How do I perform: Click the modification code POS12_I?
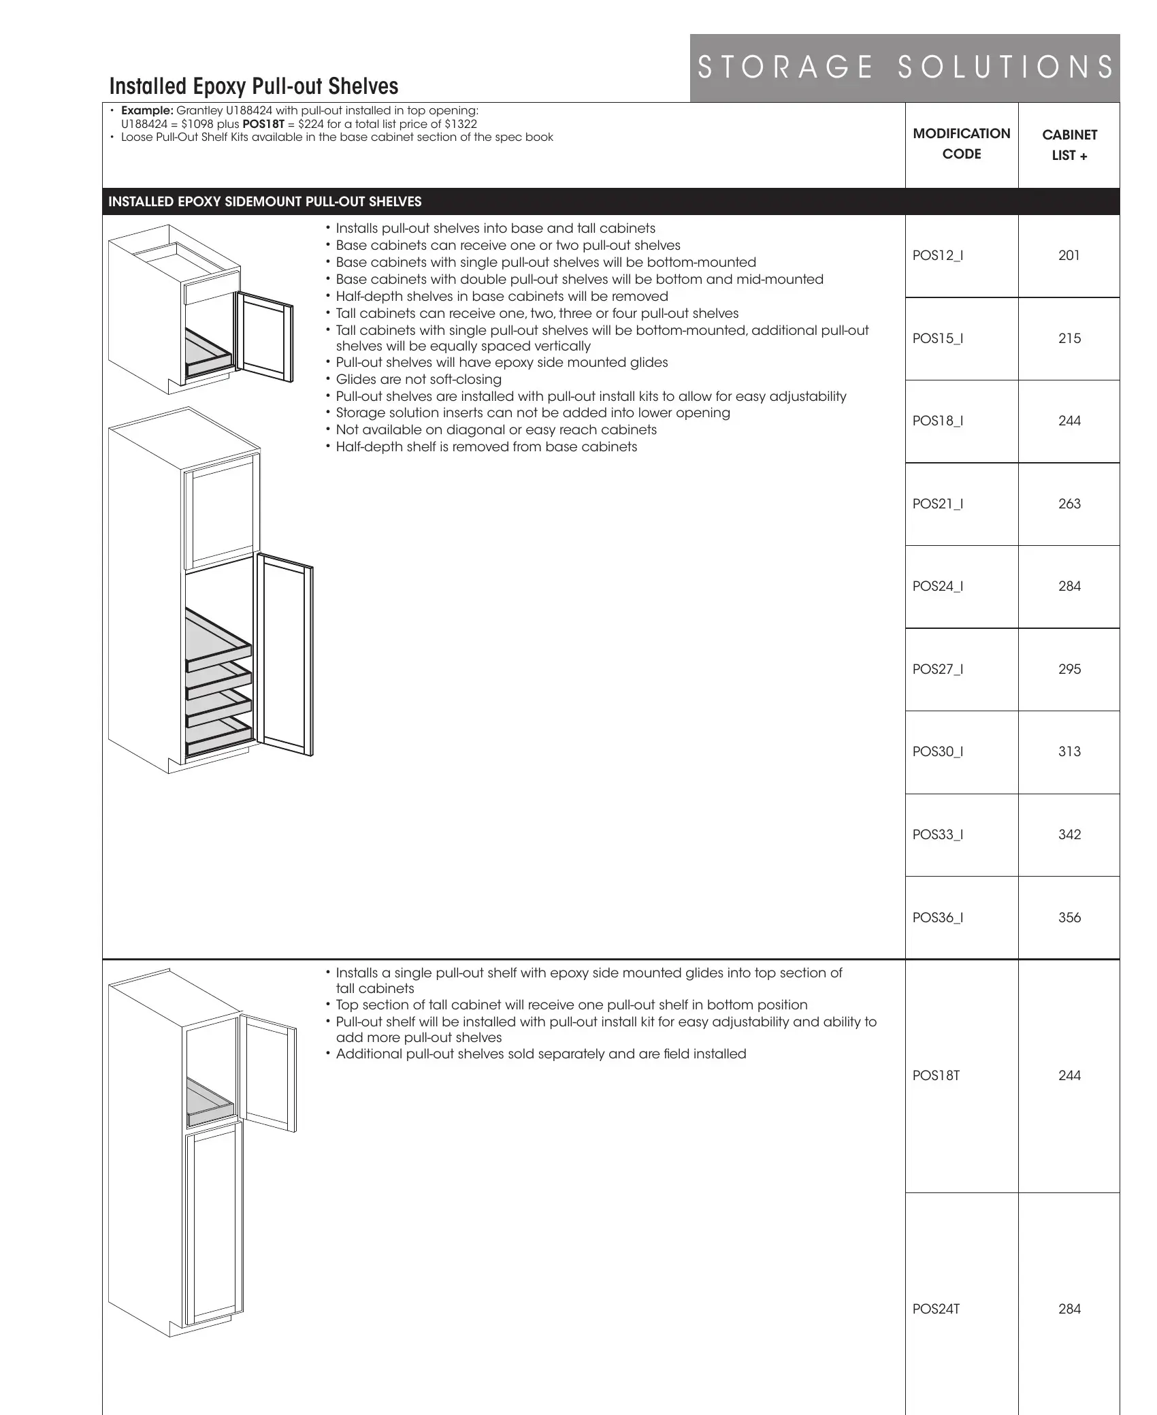coord(937,256)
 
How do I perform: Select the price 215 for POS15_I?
coord(1069,338)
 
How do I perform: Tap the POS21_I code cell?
coord(937,504)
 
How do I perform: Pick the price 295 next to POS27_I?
coord(1069,669)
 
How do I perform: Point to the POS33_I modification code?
coord(937,834)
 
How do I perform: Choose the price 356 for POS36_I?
coord(1069,917)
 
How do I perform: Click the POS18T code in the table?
coord(936,1075)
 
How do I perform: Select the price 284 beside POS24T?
coord(1069,1308)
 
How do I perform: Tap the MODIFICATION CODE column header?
coord(961,144)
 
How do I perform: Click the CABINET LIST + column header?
coord(1069,145)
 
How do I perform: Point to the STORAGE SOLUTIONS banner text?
coord(905,68)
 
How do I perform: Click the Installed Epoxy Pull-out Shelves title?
coord(254,86)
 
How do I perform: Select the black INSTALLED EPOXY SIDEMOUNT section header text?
coord(265,201)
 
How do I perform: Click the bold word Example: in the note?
coord(147,111)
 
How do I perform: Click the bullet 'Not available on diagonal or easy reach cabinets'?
coord(496,429)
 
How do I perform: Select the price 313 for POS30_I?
coord(1069,751)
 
